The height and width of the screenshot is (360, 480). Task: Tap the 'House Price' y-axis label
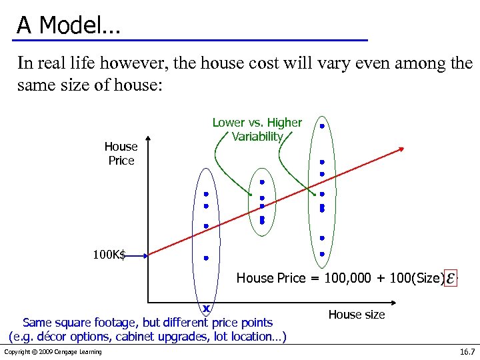point(121,153)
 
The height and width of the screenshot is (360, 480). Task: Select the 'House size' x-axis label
point(357,314)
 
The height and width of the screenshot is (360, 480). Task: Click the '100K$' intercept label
point(109,254)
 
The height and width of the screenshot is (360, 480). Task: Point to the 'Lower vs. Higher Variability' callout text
point(257,129)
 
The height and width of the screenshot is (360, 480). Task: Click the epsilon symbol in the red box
point(451,277)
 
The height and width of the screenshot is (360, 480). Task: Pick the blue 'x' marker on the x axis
point(207,309)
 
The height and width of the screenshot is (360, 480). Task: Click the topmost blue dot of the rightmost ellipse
point(321,125)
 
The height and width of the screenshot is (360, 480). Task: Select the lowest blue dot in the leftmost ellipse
point(206,257)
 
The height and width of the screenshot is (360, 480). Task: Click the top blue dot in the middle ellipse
point(262,181)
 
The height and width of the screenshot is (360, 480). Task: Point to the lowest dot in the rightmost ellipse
point(321,254)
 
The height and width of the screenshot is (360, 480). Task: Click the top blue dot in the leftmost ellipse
point(206,195)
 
